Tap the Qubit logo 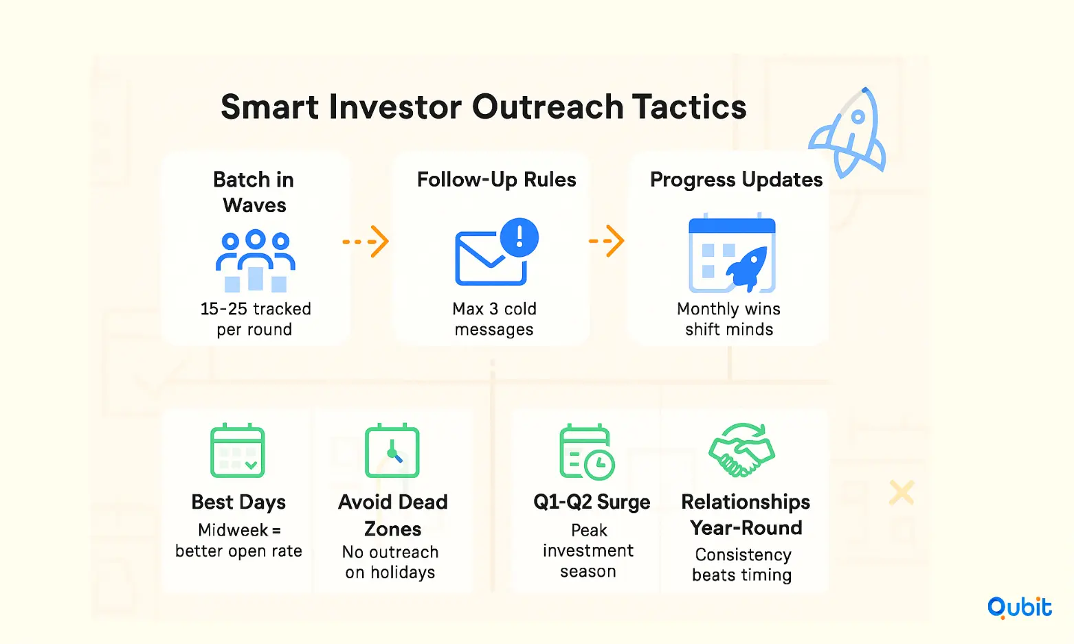click(1019, 608)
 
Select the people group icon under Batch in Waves click(255, 261)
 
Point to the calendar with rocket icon click(732, 253)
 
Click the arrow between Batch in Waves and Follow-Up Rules click(366, 242)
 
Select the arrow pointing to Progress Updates click(607, 240)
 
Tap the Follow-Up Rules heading click(496, 180)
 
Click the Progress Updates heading click(736, 180)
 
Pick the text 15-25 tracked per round click(255, 319)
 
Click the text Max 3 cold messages click(494, 319)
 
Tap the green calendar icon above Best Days click(237, 450)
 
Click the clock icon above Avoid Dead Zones click(392, 450)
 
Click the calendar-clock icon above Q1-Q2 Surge click(587, 451)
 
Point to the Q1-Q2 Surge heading click(592, 502)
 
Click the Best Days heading click(238, 502)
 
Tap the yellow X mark click(902, 492)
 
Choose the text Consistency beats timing click(743, 564)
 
